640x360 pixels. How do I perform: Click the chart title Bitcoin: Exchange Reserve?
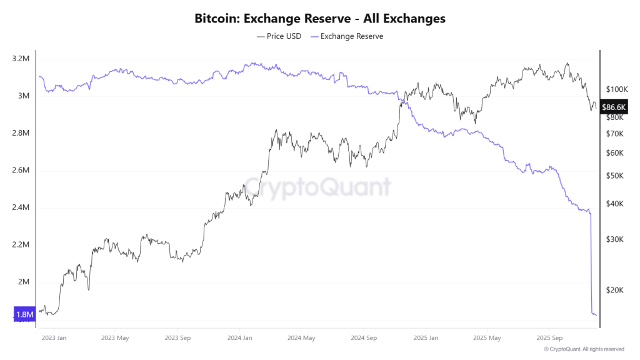[x=320, y=19]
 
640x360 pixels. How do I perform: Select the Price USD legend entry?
[x=279, y=36]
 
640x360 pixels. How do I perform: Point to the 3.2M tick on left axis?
[x=20, y=59]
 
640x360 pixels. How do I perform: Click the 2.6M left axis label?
[x=20, y=171]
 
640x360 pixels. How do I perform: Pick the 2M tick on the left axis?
[x=24, y=282]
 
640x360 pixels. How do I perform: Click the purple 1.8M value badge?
[x=24, y=314]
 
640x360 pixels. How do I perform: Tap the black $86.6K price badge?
[x=613, y=107]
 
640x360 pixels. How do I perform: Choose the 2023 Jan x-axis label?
[x=53, y=338]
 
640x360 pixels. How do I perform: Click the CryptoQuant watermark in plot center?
[x=317, y=186]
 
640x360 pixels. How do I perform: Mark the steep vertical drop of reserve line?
[x=591, y=262]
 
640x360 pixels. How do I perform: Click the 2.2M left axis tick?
[x=20, y=244]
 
